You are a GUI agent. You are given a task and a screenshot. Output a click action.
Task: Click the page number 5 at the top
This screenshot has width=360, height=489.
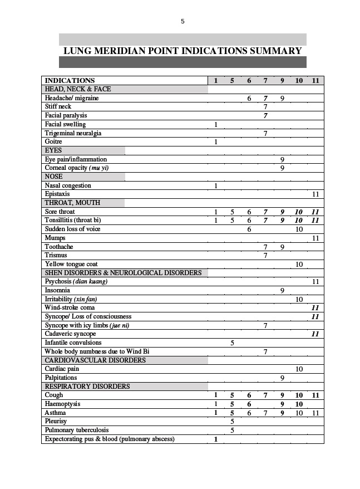coord(183,22)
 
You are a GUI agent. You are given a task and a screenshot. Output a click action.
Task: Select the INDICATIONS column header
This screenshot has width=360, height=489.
coord(70,81)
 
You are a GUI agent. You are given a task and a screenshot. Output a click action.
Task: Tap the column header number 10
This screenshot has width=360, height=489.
coord(299,81)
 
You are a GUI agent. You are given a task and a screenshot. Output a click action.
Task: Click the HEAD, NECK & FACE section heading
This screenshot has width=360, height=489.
coord(78,89)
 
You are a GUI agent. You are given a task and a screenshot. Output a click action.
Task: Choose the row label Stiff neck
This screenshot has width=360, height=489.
coord(58,106)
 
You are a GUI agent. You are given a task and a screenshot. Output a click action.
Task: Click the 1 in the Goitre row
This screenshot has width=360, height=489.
coord(216,142)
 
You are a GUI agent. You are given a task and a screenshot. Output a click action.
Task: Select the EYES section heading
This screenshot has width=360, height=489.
coord(53,150)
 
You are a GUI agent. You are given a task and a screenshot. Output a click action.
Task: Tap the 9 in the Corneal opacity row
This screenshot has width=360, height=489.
coord(282,168)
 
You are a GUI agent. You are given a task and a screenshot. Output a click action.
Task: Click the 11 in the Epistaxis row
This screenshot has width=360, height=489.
coord(315,194)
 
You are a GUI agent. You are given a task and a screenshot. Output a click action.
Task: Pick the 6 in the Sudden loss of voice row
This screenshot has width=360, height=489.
coord(249,229)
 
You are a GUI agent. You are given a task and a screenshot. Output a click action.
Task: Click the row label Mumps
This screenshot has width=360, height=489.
coord(55,238)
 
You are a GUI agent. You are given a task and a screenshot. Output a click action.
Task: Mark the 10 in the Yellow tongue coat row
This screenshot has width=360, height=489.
coord(299,264)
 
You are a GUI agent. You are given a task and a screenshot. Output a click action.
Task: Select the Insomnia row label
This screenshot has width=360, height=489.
coord(57,290)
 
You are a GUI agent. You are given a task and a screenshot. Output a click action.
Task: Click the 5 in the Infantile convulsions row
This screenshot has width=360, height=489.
coord(232,343)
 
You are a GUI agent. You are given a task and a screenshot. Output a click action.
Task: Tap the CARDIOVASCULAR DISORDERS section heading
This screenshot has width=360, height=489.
coord(95,360)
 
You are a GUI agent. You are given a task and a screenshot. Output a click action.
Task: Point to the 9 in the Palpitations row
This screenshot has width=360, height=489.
coord(282,378)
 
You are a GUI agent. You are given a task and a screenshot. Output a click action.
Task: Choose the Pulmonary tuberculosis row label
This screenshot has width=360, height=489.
coord(77,430)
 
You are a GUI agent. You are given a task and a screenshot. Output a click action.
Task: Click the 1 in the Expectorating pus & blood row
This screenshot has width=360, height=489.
coord(216,439)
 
